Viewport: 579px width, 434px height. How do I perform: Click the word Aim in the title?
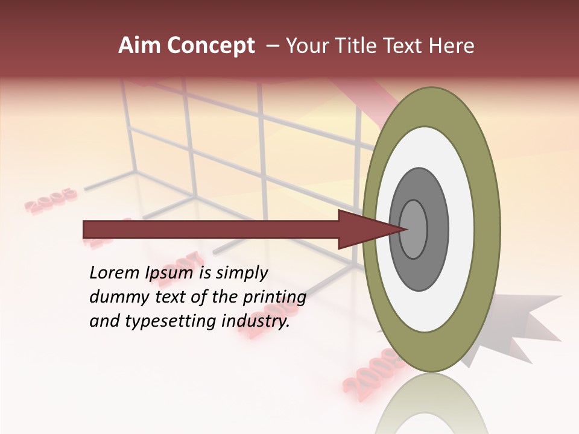(140, 46)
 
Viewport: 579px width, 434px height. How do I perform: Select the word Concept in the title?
(210, 46)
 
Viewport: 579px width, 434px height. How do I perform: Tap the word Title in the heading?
(358, 46)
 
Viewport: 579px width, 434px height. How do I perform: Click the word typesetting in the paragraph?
(180, 322)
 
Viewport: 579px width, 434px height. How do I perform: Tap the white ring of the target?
(458, 230)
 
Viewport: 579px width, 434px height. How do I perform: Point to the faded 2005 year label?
(52, 200)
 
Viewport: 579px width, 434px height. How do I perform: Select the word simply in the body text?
(241, 273)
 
